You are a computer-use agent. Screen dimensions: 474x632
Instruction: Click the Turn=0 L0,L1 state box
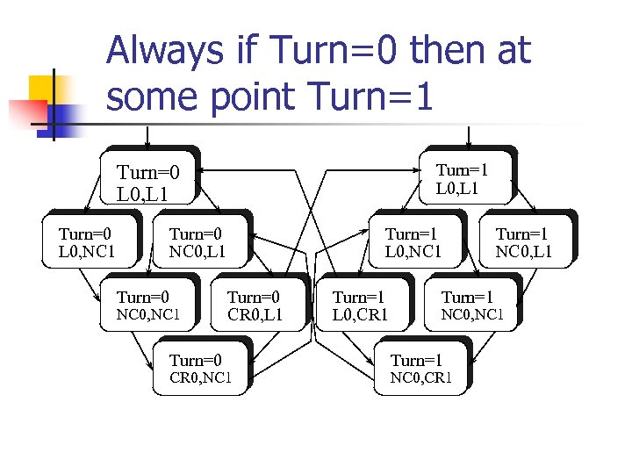click(148, 179)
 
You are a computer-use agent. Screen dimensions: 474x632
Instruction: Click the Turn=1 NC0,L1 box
click(524, 242)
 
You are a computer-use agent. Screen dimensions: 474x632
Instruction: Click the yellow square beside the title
click(43, 89)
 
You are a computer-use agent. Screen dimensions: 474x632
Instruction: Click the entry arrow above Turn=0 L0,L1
click(148, 135)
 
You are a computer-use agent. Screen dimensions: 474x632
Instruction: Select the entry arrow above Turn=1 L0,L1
click(470, 135)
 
